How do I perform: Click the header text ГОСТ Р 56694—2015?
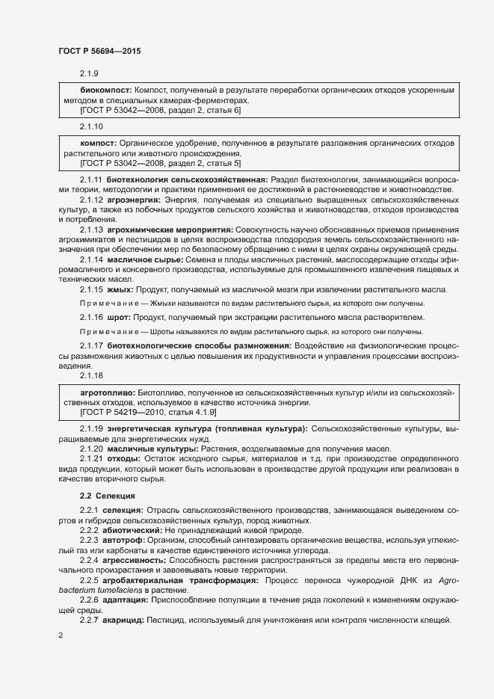pyautogui.click(x=99, y=51)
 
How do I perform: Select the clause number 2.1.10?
pyautogui.click(x=93, y=126)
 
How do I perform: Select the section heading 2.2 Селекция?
pyautogui.click(x=109, y=496)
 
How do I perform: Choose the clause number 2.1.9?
pyautogui.click(x=90, y=73)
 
